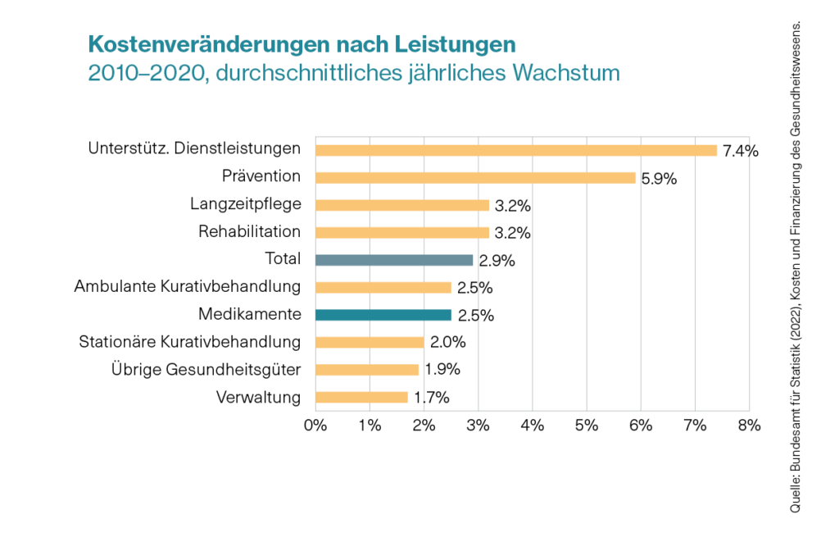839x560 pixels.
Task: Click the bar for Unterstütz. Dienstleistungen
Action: (516, 150)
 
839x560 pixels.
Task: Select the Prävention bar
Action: (475, 178)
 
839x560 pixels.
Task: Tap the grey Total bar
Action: (394, 260)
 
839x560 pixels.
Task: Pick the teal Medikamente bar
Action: (383, 315)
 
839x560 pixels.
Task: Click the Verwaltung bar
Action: (361, 398)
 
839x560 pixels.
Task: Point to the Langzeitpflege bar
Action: (402, 205)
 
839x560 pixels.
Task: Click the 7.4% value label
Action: (741, 151)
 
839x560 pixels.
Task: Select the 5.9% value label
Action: (659, 179)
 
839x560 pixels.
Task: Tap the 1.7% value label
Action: (431, 398)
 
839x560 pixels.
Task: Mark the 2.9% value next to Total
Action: (497, 261)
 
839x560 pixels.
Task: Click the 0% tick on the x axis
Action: (315, 425)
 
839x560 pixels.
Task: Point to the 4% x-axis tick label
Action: (533, 425)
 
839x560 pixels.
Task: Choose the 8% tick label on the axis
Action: (749, 425)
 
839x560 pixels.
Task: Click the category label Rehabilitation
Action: (249, 232)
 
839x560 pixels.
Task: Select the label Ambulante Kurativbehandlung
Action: (188, 287)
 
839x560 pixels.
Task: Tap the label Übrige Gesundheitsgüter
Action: (206, 370)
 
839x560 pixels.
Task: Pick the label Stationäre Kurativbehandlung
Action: (189, 342)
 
